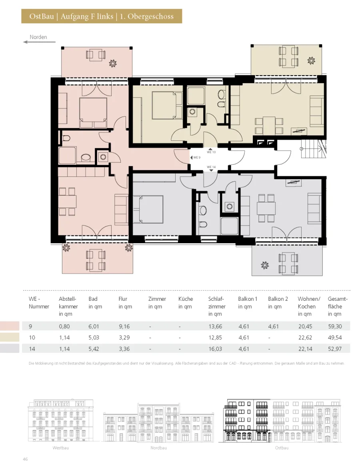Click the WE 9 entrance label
click(197, 157)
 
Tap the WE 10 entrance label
click(211, 152)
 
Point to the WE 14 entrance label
click(211, 167)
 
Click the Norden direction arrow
click(39, 42)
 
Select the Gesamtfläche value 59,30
click(335, 326)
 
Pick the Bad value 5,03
click(94, 338)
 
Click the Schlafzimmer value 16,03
click(215, 349)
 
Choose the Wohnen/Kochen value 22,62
click(305, 338)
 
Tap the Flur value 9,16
click(124, 326)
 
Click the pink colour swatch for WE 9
click(10, 326)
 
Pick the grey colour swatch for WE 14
click(10, 348)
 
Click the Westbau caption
click(60, 448)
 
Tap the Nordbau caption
click(158, 448)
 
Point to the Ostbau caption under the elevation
click(282, 448)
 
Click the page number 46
click(25, 459)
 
